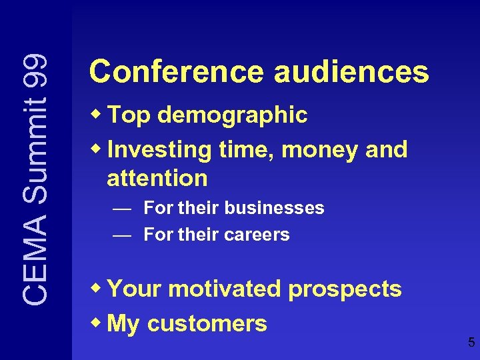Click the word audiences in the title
[351, 72]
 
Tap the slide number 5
[471, 343]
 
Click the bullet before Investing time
[97, 149]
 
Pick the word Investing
[159, 151]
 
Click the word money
[321, 151]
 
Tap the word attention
[157, 178]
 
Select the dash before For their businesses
[122, 209]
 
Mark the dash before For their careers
[122, 235]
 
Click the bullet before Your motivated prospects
[97, 289]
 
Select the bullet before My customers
[97, 323]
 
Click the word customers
[207, 324]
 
